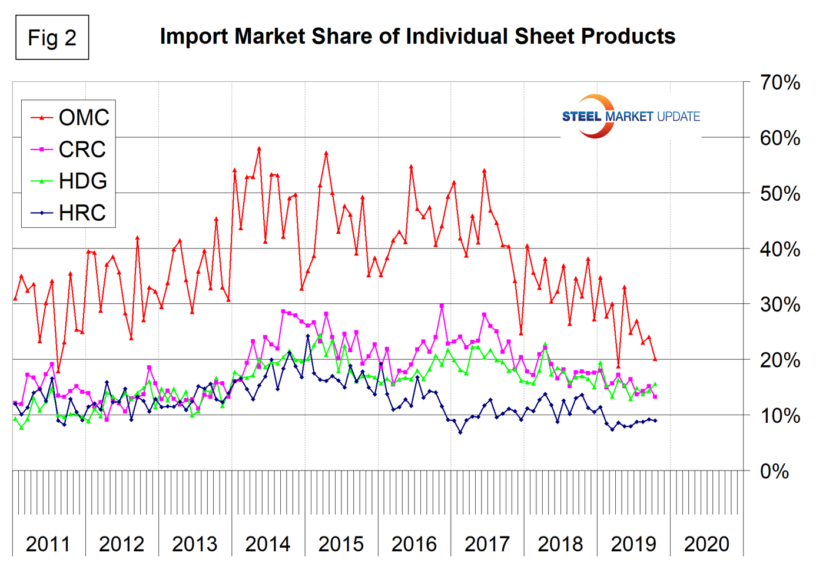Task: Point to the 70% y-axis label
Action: tap(779, 83)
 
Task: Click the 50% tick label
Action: tap(779, 194)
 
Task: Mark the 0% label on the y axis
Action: tap(774, 472)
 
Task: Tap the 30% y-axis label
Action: tap(779, 305)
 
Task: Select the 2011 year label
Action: tap(48, 544)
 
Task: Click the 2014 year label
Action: tap(268, 544)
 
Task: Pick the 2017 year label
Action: tap(487, 544)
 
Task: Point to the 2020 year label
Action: tap(706, 544)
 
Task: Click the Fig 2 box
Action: tap(52, 38)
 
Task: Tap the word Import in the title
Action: tap(194, 37)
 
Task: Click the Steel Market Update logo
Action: tap(631, 116)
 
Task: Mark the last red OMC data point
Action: tap(655, 359)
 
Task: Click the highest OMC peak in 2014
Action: tap(259, 148)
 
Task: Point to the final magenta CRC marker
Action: tap(655, 397)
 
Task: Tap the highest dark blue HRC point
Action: tap(308, 336)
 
